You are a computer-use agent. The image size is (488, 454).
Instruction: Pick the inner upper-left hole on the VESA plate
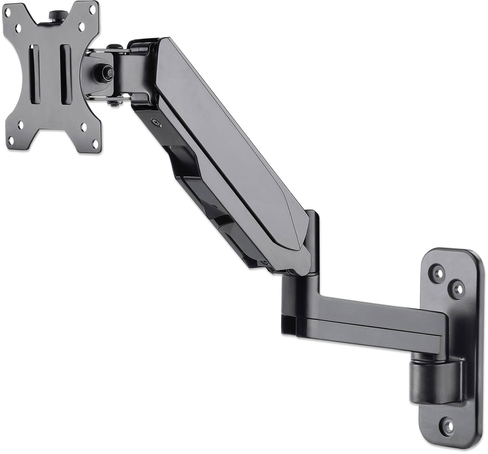pyautogui.click(x=18, y=26)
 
